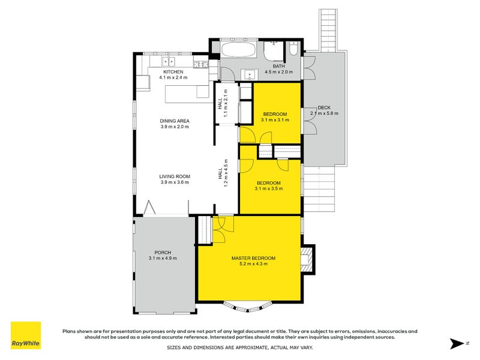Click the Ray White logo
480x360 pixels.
pyautogui.click(x=26, y=335)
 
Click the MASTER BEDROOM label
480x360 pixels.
pyautogui.click(x=253, y=258)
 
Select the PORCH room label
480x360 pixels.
pyautogui.click(x=163, y=252)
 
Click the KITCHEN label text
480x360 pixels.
pyautogui.click(x=171, y=72)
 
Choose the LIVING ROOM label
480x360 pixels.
pyautogui.click(x=174, y=176)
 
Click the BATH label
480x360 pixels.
pyautogui.click(x=278, y=66)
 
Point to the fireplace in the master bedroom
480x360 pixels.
pyautogui.click(x=308, y=259)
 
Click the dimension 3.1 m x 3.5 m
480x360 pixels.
pyautogui.click(x=268, y=188)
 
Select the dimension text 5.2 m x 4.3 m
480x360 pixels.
pyautogui.click(x=253, y=263)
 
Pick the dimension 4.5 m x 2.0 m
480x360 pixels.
pyautogui.click(x=278, y=72)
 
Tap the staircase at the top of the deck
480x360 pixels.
pyautogui.click(x=329, y=30)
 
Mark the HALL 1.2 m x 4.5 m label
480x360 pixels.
pyautogui.click(x=223, y=172)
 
